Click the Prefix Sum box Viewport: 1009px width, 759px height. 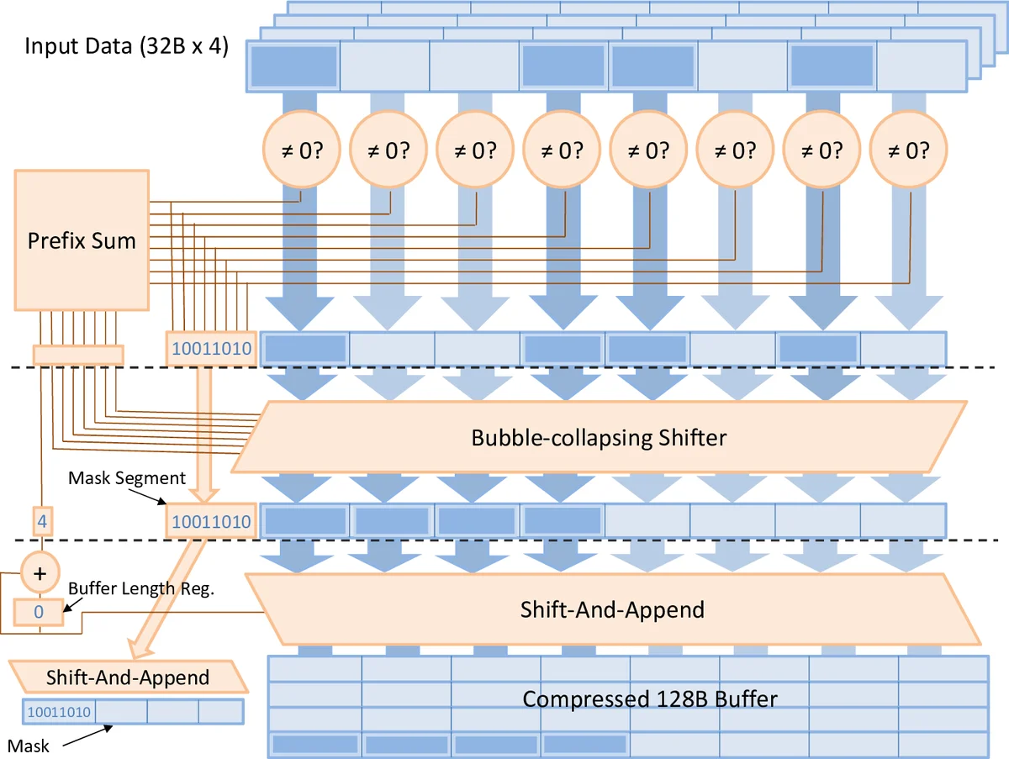coord(82,241)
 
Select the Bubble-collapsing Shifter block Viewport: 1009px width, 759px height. coord(598,437)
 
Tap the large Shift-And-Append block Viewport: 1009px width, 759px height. coord(611,609)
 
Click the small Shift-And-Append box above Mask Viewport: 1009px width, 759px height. coord(127,677)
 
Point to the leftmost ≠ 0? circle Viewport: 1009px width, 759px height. coord(300,150)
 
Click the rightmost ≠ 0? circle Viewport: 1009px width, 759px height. coord(909,150)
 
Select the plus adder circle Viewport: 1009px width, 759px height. coord(39,574)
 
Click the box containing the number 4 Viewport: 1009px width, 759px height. coord(39,521)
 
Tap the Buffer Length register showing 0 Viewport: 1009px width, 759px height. coord(39,612)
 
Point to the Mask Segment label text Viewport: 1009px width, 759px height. coord(127,478)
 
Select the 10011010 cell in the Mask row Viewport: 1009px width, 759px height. coord(59,712)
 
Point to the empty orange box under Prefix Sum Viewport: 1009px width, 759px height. coord(78,355)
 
